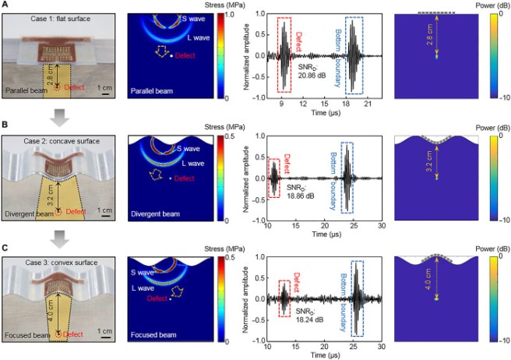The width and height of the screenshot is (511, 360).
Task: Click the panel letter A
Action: pyautogui.click(x=5, y=5)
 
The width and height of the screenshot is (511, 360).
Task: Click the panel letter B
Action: pyautogui.click(x=5, y=125)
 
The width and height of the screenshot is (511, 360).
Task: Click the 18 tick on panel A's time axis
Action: pyautogui.click(x=345, y=103)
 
